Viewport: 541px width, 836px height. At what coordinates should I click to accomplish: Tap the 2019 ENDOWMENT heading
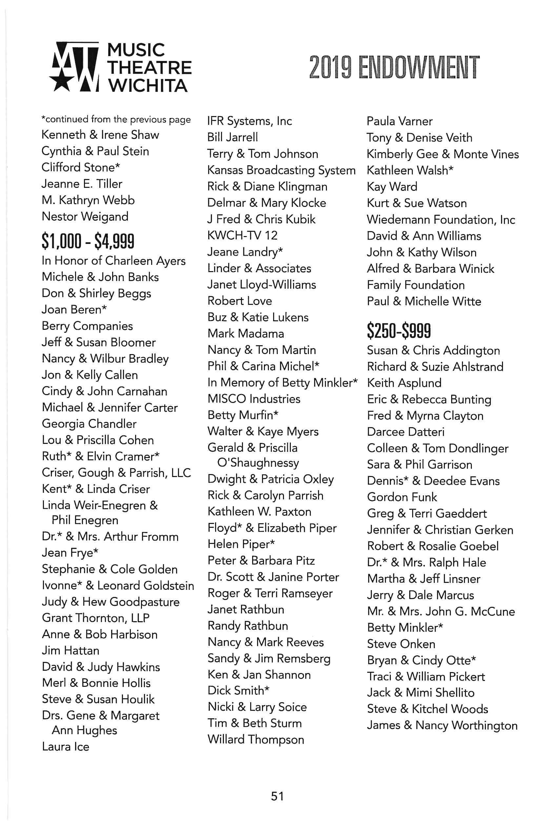coord(394,67)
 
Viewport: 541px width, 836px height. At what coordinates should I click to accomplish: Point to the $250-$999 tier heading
coord(399,330)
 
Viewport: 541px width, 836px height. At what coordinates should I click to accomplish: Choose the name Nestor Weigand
coord(85,217)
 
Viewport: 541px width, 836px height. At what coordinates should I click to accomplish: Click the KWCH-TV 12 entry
coord(242,235)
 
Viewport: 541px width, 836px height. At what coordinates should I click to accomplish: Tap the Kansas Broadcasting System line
coord(281,170)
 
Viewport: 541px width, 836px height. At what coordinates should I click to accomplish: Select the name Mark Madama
coord(246,333)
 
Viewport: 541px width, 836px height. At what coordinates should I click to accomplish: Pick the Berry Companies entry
coord(87,326)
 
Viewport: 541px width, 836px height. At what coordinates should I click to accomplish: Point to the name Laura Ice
coord(65,746)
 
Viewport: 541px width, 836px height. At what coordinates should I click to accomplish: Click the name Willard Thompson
coord(256,739)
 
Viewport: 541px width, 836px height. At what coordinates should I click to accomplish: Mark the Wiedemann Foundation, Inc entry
coord(441,220)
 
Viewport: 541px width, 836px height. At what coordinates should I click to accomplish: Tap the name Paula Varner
coord(399,121)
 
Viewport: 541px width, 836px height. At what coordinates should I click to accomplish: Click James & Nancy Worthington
coord(442,725)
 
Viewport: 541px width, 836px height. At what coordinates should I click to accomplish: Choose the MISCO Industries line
coord(254,399)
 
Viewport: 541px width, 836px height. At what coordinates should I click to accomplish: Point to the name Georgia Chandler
coord(89,424)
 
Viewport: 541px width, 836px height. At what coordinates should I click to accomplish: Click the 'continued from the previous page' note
coord(116,119)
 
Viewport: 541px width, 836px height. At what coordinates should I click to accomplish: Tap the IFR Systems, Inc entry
coord(250,121)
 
